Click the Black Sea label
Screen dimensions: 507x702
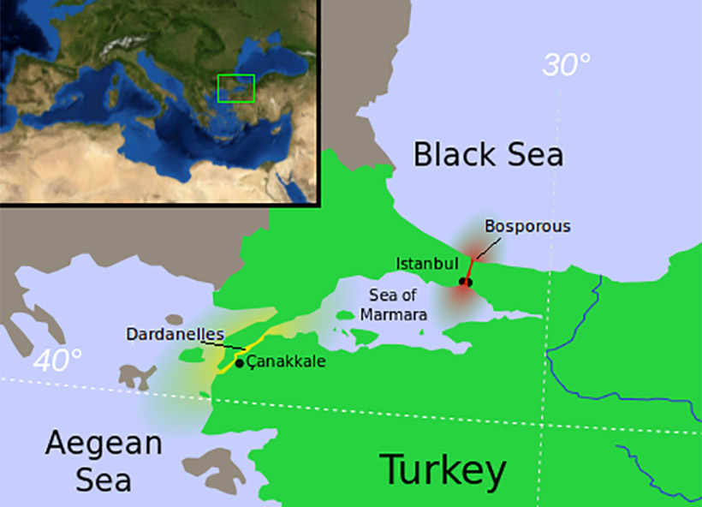tap(488, 155)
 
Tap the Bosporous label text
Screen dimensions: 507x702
tap(526, 227)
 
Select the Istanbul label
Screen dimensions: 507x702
tap(427, 262)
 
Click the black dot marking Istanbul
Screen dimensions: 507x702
tap(465, 282)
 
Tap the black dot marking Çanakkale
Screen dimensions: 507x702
tap(240, 363)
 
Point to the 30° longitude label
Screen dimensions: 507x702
tap(566, 64)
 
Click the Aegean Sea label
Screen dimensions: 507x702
tap(104, 460)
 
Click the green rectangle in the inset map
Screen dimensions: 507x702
tap(235, 87)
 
